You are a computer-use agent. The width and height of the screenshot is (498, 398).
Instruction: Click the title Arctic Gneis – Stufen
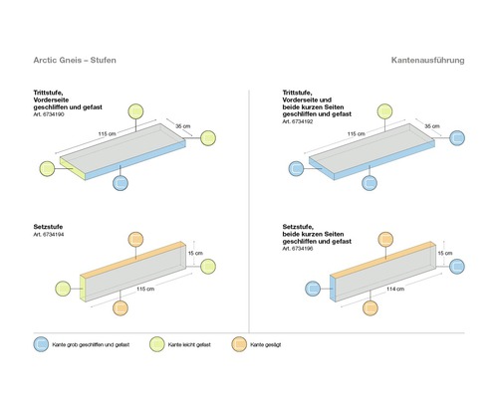(x=75, y=62)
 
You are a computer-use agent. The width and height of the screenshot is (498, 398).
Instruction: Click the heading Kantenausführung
(x=427, y=62)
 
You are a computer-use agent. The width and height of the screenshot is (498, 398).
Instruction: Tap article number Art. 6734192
(x=301, y=124)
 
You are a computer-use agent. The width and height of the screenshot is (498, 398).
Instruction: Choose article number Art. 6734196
(x=301, y=248)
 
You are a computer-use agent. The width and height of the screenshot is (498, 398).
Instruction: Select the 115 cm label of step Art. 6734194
(x=143, y=289)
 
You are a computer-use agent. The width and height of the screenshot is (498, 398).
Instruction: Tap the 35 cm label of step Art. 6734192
(x=431, y=126)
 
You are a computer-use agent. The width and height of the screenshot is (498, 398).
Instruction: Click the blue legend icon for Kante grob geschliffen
(x=42, y=343)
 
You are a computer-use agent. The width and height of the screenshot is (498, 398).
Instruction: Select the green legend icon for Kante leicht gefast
(x=155, y=343)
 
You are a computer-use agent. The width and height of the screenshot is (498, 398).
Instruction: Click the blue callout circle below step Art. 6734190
(x=121, y=183)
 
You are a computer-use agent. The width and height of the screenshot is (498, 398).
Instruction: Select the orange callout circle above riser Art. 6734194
(x=137, y=240)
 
